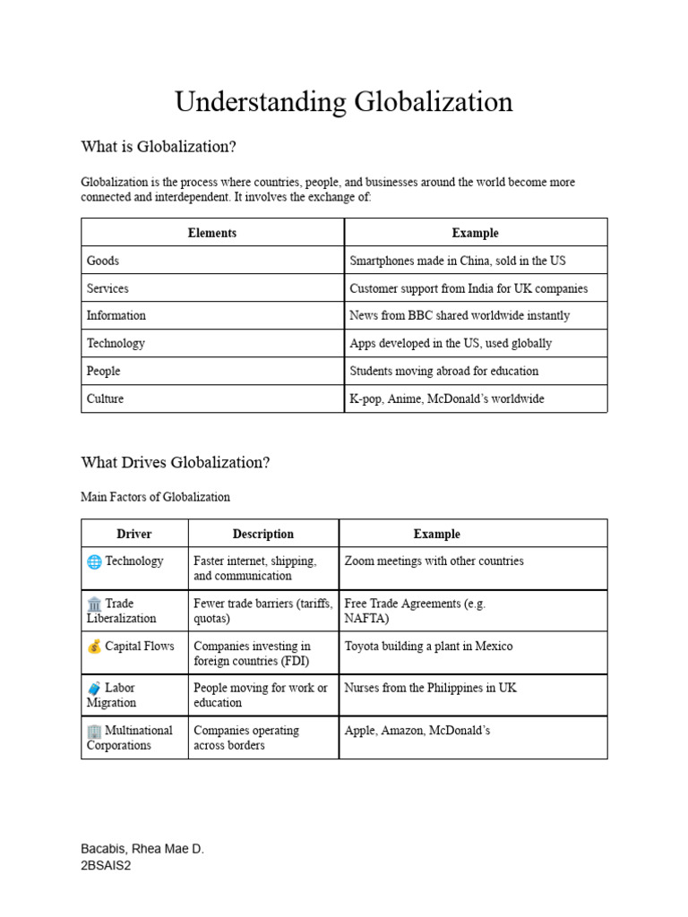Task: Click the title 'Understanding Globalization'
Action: point(344,102)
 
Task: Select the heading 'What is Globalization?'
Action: point(158,147)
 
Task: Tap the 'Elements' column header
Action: point(212,233)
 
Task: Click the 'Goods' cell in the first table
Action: point(103,261)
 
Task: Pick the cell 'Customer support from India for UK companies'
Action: point(469,288)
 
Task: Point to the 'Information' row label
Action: point(116,315)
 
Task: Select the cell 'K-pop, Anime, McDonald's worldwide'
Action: point(446,399)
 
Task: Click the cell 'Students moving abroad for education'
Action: point(443,371)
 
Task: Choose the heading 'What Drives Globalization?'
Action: point(175,463)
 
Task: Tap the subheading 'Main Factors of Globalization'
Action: point(155,497)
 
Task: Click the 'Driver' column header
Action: point(134,534)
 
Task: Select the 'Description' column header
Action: point(263,534)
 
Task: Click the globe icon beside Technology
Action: point(94,561)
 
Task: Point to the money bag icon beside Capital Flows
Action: point(94,647)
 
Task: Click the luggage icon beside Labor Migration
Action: point(94,689)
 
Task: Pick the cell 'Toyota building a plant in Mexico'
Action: point(428,647)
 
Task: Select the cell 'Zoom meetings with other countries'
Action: point(434,561)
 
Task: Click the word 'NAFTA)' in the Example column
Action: point(366,618)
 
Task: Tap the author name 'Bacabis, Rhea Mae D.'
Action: point(142,849)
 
